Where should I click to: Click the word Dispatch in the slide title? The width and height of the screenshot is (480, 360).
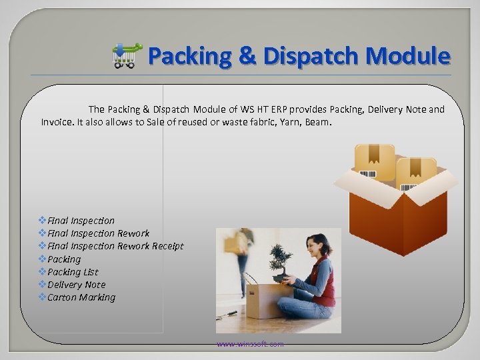click(x=312, y=56)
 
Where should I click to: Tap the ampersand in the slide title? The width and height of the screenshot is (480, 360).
click(x=246, y=56)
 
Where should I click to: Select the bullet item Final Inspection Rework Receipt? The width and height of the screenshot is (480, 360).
click(x=115, y=246)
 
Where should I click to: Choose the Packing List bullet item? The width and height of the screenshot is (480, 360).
click(x=73, y=272)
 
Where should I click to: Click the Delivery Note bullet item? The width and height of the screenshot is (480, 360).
click(x=76, y=285)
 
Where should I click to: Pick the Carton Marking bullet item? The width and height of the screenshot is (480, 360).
click(x=81, y=297)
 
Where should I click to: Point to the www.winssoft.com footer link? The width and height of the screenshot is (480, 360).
click(x=249, y=344)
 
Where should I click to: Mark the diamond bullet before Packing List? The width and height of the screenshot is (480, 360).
click(x=43, y=272)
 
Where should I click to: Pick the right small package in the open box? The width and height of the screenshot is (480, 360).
click(x=417, y=173)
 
